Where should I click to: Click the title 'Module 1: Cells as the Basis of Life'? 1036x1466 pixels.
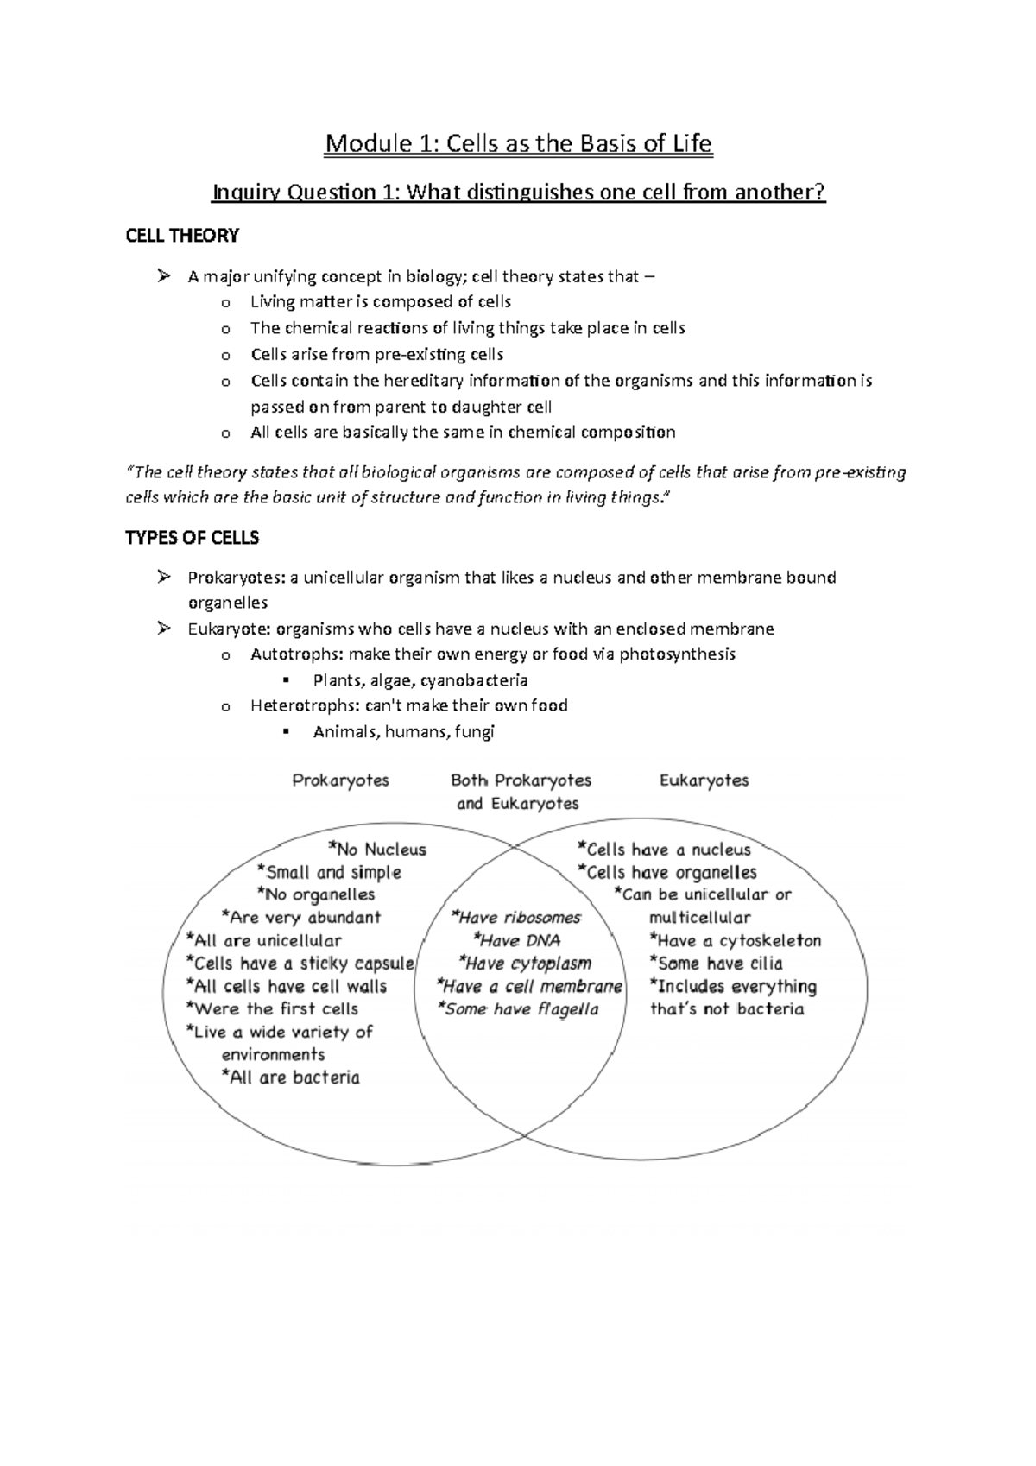[518, 143]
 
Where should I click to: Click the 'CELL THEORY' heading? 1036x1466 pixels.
[182, 236]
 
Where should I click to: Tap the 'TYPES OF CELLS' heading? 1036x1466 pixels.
[193, 538]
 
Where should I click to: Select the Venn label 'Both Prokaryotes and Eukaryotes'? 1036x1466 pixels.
[520, 792]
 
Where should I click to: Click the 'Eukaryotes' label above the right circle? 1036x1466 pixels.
[704, 780]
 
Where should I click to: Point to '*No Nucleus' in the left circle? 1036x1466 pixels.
[377, 850]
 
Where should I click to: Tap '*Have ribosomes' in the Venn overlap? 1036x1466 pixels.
[515, 918]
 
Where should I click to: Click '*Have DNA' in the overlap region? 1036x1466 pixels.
[516, 941]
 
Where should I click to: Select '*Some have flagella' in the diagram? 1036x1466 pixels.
[518, 1009]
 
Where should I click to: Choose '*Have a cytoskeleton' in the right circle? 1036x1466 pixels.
[736, 941]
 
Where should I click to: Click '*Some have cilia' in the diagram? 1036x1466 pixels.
[717, 964]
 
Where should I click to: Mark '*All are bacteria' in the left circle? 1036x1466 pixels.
[291, 1077]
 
